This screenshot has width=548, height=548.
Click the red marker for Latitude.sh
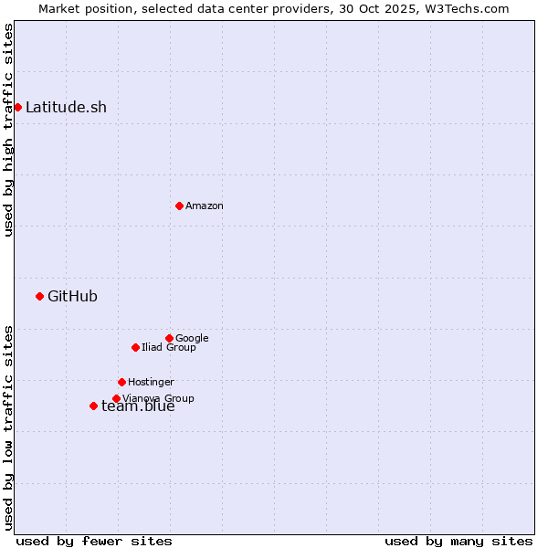pos(17,107)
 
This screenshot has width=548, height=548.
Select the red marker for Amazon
pos(179,205)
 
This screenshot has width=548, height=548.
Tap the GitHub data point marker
pos(39,296)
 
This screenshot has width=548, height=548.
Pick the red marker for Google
pos(169,338)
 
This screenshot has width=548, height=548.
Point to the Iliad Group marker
pos(135,347)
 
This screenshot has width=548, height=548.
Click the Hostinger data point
pos(121,382)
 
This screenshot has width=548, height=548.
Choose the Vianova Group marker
pos(116,398)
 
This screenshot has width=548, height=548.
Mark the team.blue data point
pos(93,406)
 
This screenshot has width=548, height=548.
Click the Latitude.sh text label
pos(66,107)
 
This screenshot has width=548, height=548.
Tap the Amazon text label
pos(205,205)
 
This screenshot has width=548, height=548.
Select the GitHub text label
pos(72,296)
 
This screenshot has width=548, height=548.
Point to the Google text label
pos(192,338)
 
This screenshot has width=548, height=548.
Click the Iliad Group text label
pos(169,347)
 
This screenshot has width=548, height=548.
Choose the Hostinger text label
pos(151,382)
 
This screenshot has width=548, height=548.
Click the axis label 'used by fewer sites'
pos(94,541)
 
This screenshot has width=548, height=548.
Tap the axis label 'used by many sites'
pos(458,541)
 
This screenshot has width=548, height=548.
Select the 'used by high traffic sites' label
pos(8,130)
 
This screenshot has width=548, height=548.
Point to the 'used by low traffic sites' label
pos(8,427)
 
